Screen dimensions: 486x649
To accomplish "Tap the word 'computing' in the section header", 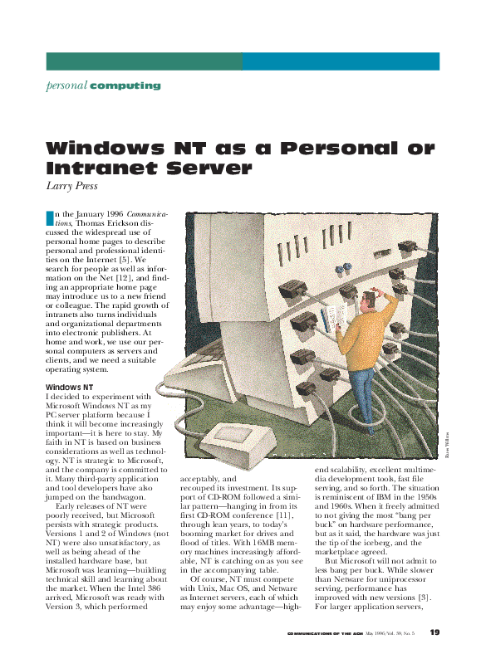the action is [x=125, y=85].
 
